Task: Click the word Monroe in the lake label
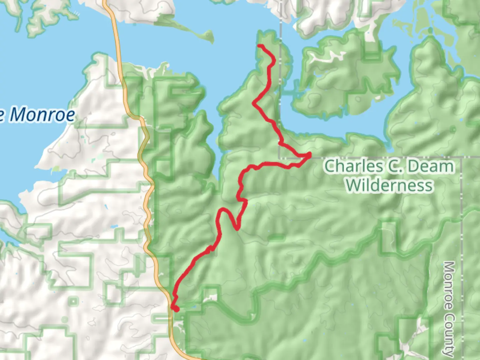click(42, 115)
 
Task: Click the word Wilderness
click(389, 185)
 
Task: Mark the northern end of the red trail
click(260, 46)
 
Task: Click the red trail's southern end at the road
click(177, 310)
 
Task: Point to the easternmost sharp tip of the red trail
click(310, 154)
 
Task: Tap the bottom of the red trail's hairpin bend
click(237, 228)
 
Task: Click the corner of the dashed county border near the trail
click(280, 157)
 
